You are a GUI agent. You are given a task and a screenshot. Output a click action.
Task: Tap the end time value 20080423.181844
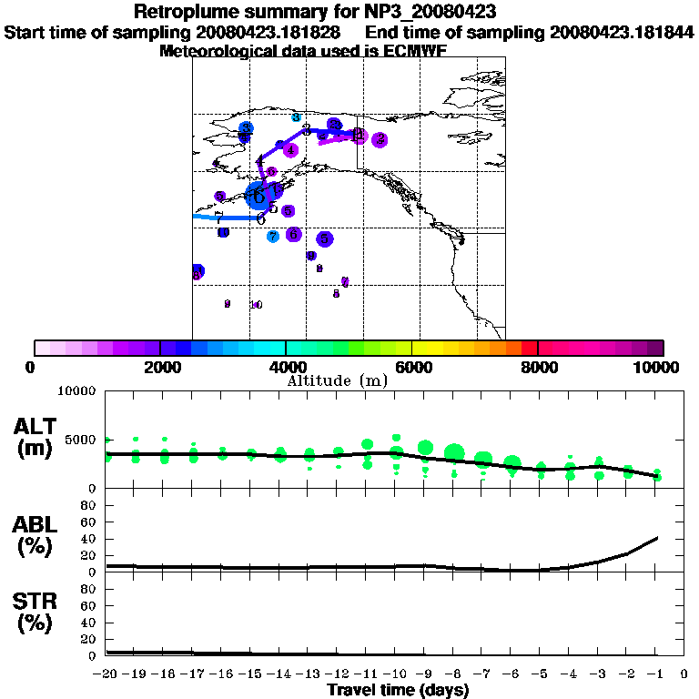tap(615, 32)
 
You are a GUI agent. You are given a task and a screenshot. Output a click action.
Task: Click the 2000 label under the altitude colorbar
tap(159, 367)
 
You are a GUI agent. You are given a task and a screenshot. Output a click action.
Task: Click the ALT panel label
tap(37, 426)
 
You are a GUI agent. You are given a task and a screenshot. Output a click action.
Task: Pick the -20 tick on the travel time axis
tap(107, 674)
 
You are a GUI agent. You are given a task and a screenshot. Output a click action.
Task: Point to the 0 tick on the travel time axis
tap(684, 674)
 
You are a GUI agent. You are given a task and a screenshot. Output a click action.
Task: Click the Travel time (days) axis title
tap(398, 691)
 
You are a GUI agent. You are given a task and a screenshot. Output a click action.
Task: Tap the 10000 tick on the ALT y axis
tap(76, 392)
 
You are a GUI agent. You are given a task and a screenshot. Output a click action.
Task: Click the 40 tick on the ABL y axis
tap(89, 539)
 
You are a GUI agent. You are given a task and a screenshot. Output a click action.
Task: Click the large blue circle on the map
tap(261, 194)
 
